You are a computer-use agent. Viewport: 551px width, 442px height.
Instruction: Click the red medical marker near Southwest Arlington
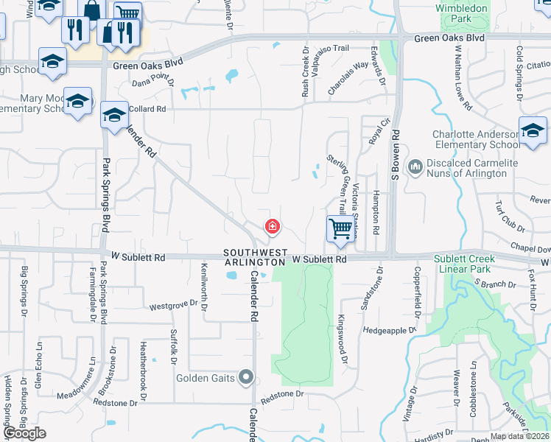click(273, 225)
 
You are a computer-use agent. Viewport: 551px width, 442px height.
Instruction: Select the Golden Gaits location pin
click(247, 379)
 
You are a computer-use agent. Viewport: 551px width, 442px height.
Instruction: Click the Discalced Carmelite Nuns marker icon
click(415, 167)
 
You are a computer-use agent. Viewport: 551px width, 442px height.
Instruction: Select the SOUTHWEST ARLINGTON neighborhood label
click(256, 257)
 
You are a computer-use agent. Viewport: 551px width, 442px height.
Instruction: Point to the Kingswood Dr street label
click(343, 340)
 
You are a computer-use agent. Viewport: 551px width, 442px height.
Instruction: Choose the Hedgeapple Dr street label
click(390, 331)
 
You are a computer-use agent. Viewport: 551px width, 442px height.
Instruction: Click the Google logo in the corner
click(24, 433)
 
